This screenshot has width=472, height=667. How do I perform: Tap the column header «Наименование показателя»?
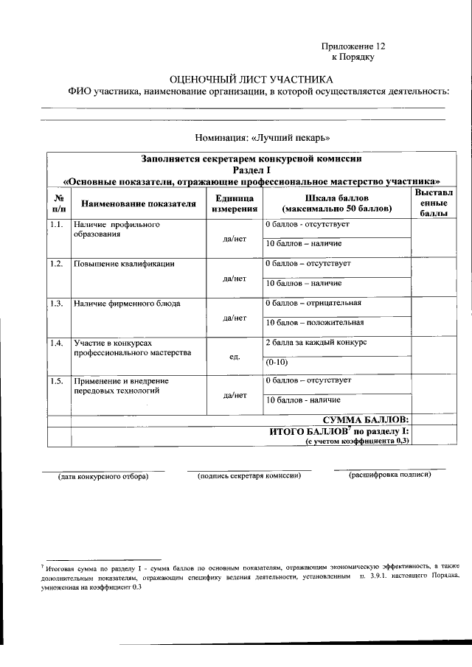139,204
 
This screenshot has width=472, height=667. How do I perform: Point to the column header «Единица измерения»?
234,204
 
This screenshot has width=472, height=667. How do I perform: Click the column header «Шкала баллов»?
336,204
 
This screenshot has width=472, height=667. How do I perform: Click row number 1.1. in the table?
57,224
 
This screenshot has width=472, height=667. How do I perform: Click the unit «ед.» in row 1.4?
234,357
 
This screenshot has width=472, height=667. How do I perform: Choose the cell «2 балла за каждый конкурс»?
316,343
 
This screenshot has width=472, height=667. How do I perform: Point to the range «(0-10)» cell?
278,362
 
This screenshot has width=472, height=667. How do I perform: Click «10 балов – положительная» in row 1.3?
314,322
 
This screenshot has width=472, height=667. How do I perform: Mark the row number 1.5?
57,381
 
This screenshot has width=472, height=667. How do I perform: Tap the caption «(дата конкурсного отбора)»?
103,477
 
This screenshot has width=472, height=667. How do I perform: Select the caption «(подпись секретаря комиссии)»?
250,476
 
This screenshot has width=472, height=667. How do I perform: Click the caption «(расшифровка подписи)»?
389,474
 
